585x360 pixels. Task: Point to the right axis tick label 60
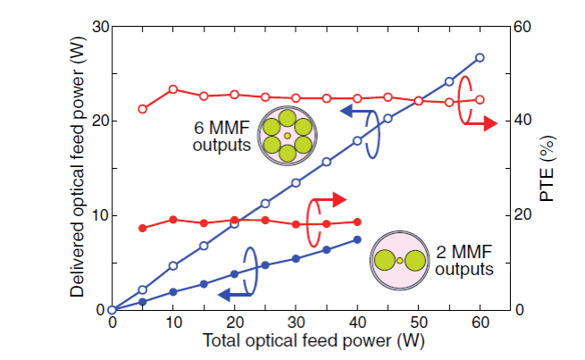[521, 27]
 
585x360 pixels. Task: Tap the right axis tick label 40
[521, 121]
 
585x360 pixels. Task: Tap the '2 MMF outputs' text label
[461, 260]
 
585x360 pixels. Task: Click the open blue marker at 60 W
[480, 57]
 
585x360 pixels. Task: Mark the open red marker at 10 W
[173, 89]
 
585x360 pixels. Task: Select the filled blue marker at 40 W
[357, 239]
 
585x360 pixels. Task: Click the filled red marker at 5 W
[143, 228]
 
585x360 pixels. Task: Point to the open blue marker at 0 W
[112, 310]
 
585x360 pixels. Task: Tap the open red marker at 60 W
[480, 100]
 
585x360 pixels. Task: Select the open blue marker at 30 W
[297, 183]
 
